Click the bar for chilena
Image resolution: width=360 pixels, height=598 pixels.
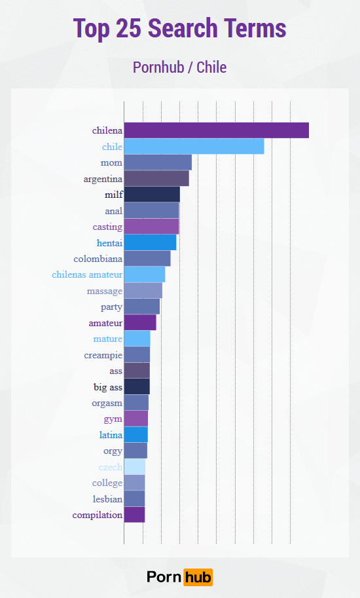216,130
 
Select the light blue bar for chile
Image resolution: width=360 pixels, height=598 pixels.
194,147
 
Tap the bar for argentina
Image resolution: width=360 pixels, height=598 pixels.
156,178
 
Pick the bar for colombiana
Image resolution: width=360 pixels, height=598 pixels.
147,259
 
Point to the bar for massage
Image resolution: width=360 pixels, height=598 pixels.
143,291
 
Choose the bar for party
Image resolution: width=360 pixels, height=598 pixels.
141,307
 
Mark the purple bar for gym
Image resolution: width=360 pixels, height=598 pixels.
135,419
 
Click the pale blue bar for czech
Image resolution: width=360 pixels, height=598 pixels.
134,467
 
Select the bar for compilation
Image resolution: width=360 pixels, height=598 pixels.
134,515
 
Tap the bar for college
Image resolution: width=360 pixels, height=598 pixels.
134,483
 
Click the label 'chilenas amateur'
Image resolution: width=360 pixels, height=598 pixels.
87,274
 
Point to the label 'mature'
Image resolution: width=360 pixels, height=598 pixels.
107,339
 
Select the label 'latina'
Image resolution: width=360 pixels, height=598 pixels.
111,435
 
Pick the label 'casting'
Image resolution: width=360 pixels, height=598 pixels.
107,227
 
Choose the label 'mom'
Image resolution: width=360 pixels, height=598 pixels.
111,162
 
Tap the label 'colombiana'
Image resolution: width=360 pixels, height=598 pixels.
98,259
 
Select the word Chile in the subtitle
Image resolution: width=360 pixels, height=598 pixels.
211,67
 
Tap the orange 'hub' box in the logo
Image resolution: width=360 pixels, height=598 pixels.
198,577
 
